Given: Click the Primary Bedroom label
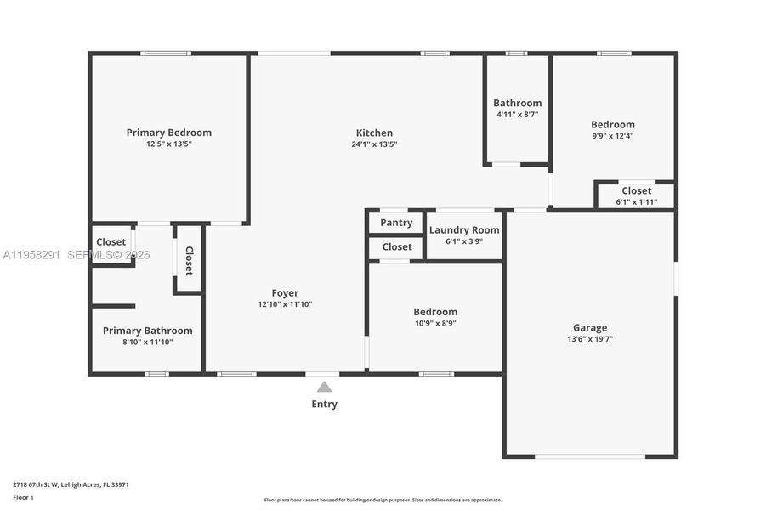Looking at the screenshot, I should (168, 133).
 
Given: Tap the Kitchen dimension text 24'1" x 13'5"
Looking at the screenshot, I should (374, 144).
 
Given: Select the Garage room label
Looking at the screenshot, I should (589, 327).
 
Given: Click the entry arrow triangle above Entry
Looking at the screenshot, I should (324, 387).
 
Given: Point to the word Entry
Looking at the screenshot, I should (324, 404).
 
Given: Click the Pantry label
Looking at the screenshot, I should (396, 223).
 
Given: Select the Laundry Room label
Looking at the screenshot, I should (463, 230).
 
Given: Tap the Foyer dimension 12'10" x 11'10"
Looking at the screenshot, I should (285, 304).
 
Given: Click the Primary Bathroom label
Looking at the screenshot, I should (147, 331).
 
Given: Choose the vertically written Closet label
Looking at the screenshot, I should (189, 261).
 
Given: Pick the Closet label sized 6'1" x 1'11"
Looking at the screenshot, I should (636, 190).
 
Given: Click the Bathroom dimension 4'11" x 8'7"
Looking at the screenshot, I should (517, 114).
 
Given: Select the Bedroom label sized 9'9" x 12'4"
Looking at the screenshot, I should (612, 124).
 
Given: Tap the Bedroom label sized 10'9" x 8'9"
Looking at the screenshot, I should (435, 312).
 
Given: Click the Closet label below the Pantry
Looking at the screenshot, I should (396, 247).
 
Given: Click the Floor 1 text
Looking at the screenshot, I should (24, 497).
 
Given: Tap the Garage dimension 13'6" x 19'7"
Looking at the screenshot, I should (589, 339).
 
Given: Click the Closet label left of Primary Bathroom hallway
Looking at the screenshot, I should (111, 242).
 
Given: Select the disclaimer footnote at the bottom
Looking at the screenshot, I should (383, 500).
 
